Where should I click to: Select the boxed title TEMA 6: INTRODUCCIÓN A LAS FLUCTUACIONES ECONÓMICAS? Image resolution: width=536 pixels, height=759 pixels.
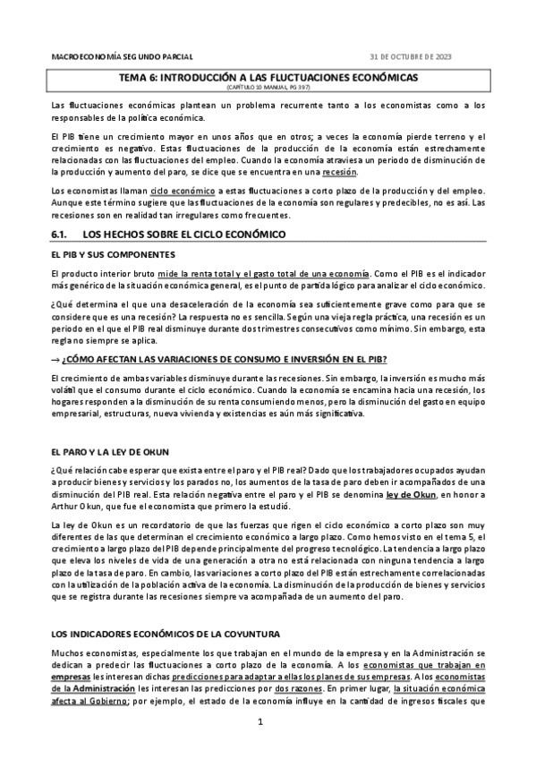tap(268, 78)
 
